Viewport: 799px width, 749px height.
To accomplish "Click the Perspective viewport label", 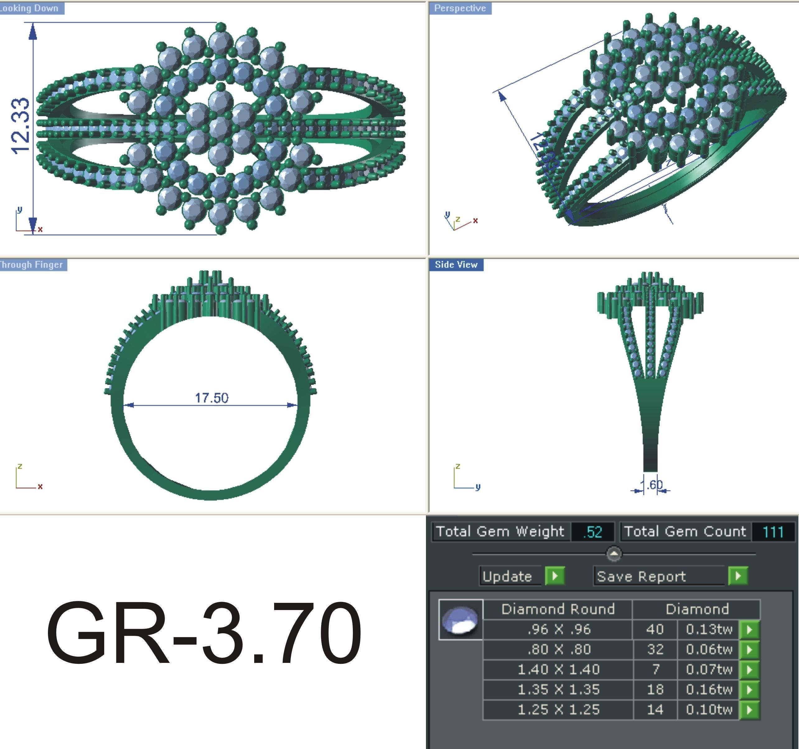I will pyautogui.click(x=460, y=8).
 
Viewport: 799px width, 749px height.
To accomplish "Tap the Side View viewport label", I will pyautogui.click(x=456, y=265).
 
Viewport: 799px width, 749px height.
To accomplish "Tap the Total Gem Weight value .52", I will pyautogui.click(x=592, y=532).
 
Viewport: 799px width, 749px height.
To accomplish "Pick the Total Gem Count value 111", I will pyautogui.click(x=773, y=532).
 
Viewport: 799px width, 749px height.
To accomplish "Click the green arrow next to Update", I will pyautogui.click(x=555, y=576).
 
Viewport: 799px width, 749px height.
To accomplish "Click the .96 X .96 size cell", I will pyautogui.click(x=558, y=629).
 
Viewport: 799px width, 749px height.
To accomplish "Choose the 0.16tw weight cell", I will pyautogui.click(x=708, y=690).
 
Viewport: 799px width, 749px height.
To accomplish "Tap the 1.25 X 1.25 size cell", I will pyautogui.click(x=558, y=710).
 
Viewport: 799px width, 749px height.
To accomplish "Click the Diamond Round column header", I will pyautogui.click(x=558, y=609).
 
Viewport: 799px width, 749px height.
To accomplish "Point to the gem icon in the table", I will pyautogui.click(x=460, y=620).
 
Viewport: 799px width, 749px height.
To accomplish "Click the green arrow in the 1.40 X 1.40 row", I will pyautogui.click(x=749, y=669).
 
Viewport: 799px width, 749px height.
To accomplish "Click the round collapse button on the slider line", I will pyautogui.click(x=614, y=553).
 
